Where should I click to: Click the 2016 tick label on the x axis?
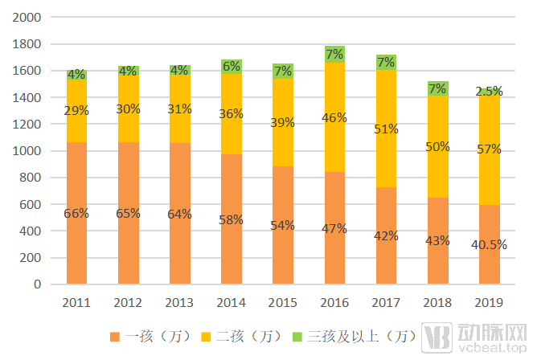(x=334, y=303)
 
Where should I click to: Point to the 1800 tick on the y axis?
(x=27, y=44)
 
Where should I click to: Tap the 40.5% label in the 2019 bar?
(x=489, y=244)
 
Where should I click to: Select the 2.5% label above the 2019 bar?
(x=489, y=91)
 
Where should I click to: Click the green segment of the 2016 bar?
(x=334, y=55)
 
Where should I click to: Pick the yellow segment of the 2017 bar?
(x=386, y=129)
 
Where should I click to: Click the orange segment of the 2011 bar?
(x=77, y=213)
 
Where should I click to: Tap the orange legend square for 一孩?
(x=115, y=337)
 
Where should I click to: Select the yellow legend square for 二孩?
(x=206, y=337)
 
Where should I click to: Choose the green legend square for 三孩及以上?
(x=297, y=337)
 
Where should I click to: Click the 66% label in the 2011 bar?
(x=76, y=214)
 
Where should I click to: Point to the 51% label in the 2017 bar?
(x=386, y=129)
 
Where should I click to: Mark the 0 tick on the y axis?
(x=38, y=284)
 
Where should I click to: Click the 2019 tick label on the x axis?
(x=489, y=303)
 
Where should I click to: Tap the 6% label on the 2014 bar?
(x=232, y=67)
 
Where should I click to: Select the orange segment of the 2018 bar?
(x=438, y=241)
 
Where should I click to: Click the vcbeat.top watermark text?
(x=492, y=348)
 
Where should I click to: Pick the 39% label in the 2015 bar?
(x=282, y=123)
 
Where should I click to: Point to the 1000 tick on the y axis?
(x=27, y=151)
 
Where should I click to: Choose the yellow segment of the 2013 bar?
(x=180, y=108)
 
